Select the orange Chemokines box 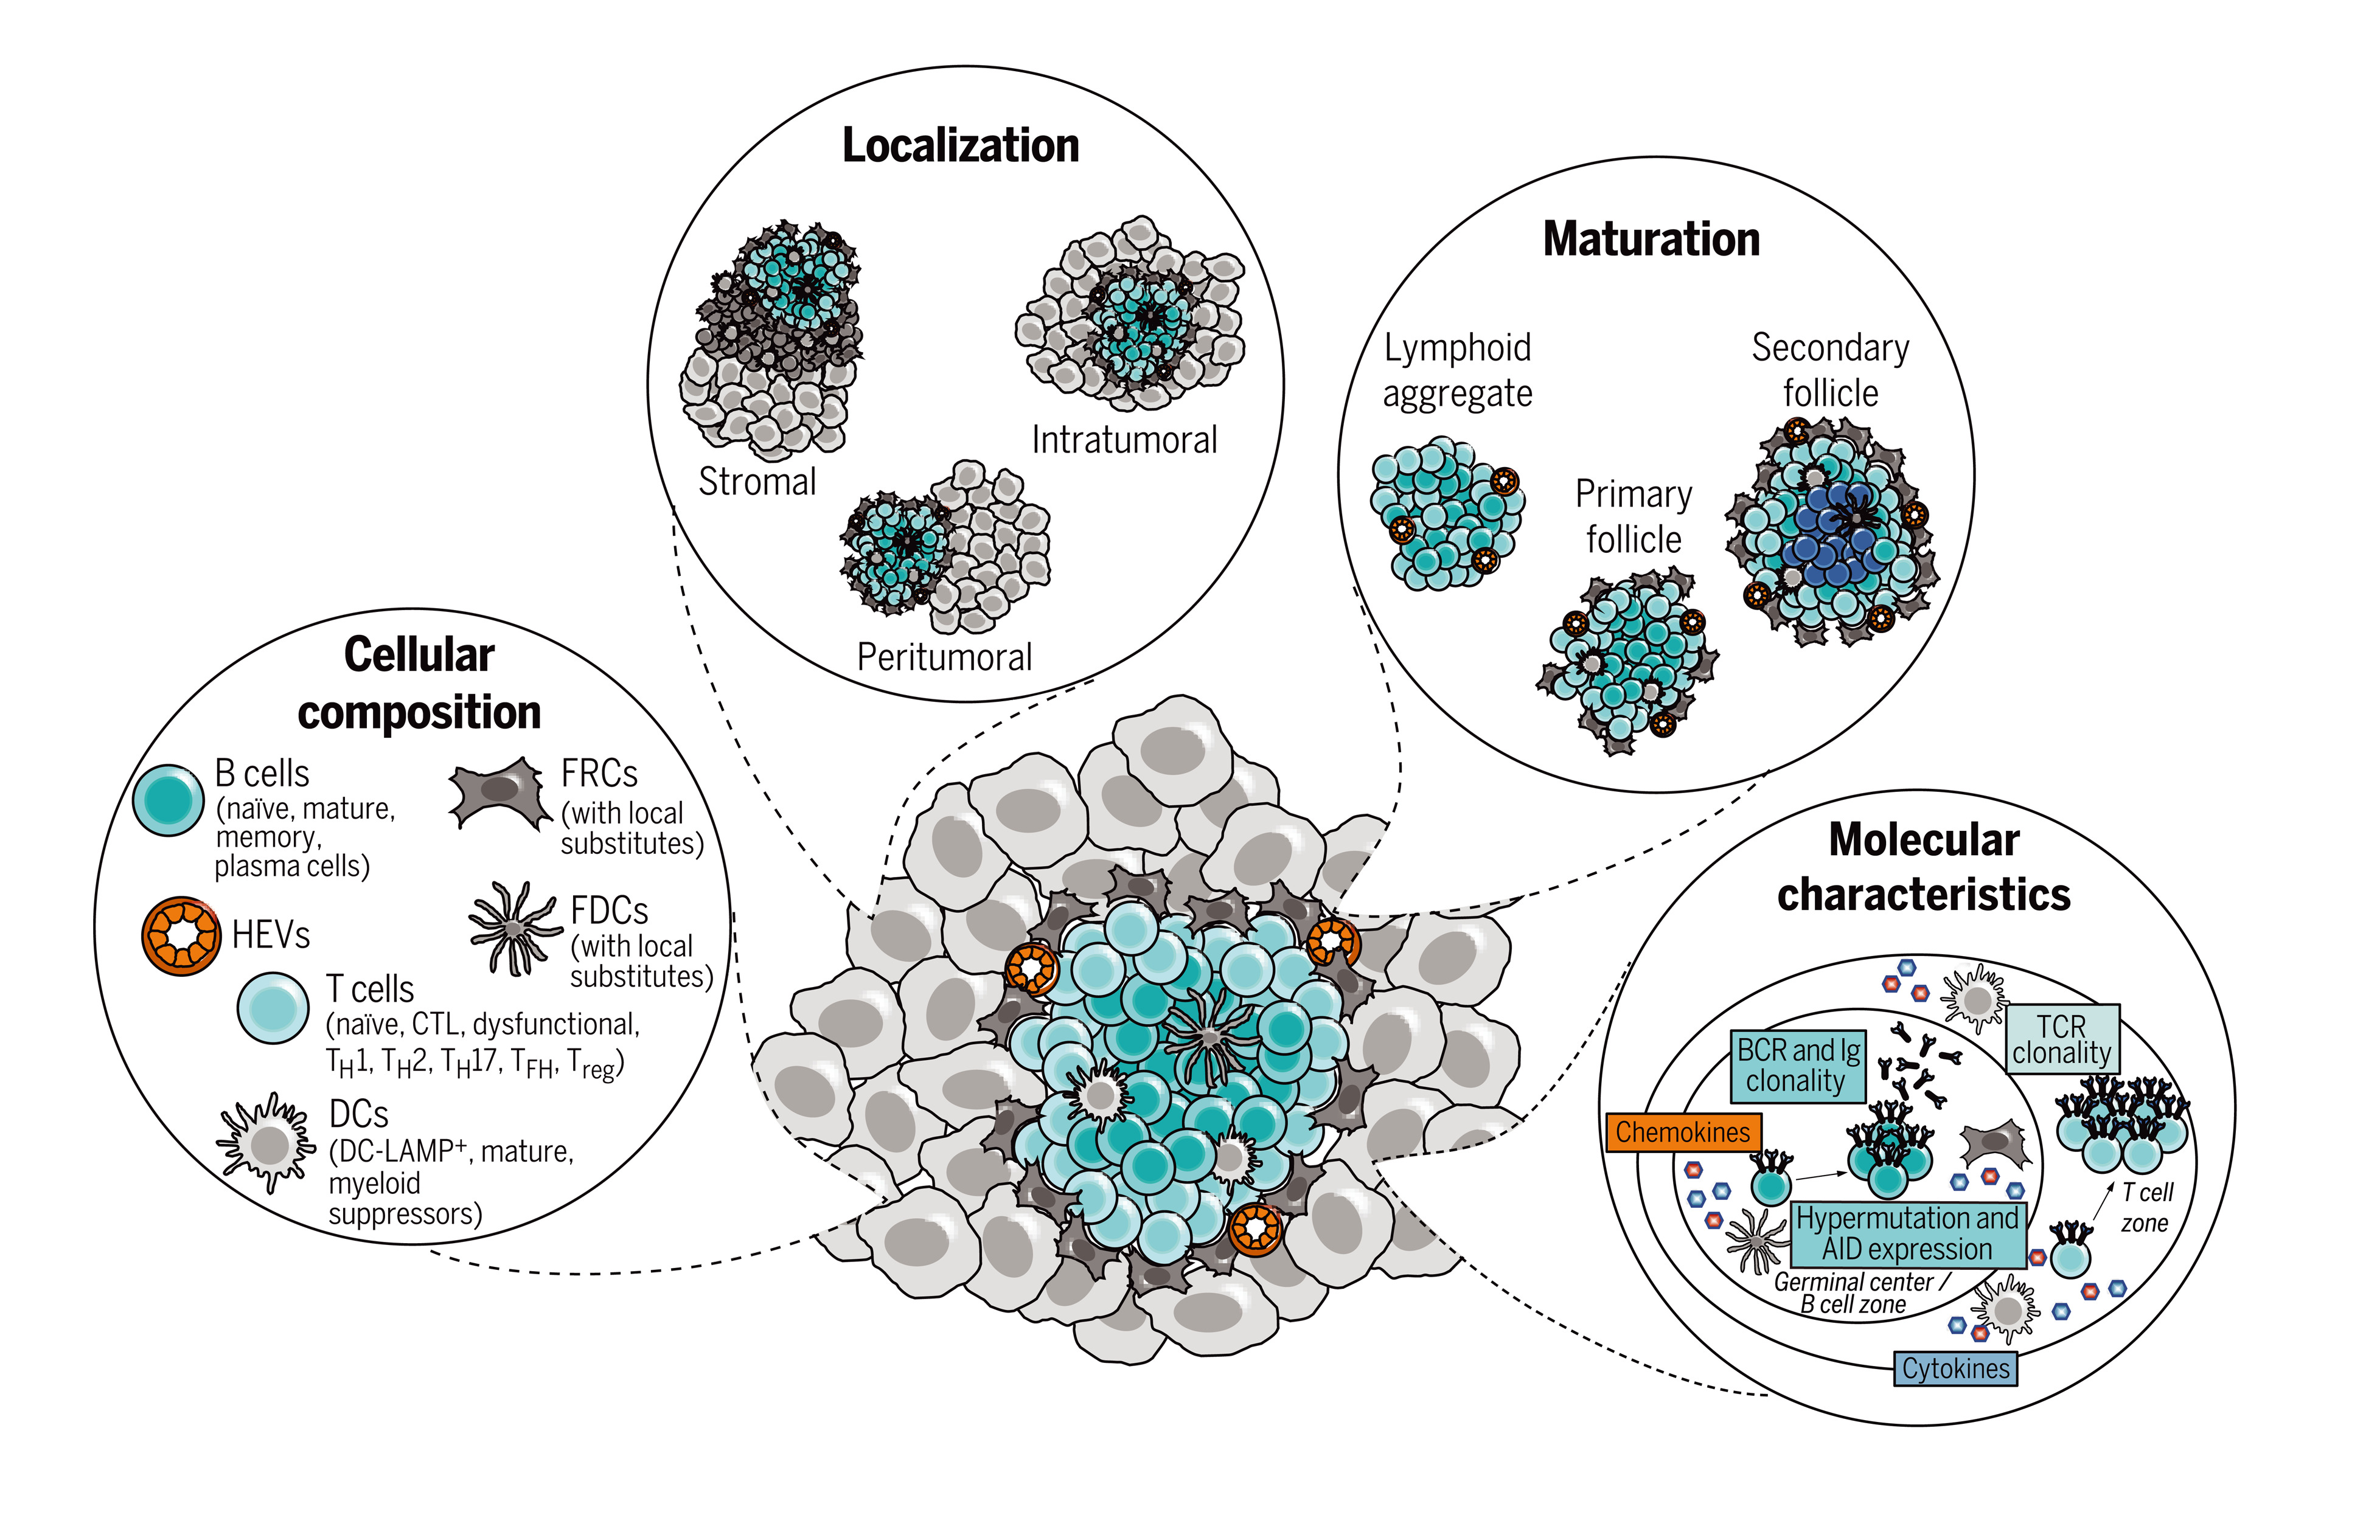(x=1682, y=1132)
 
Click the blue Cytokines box (x=1955, y=1369)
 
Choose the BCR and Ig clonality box (x=1798, y=1066)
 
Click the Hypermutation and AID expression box (x=1907, y=1233)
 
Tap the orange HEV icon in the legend (x=181, y=935)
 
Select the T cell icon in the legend (x=273, y=1008)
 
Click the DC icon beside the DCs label (x=267, y=1145)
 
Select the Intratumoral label (x=1124, y=440)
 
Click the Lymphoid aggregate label (x=1457, y=370)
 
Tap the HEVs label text (x=271, y=935)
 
